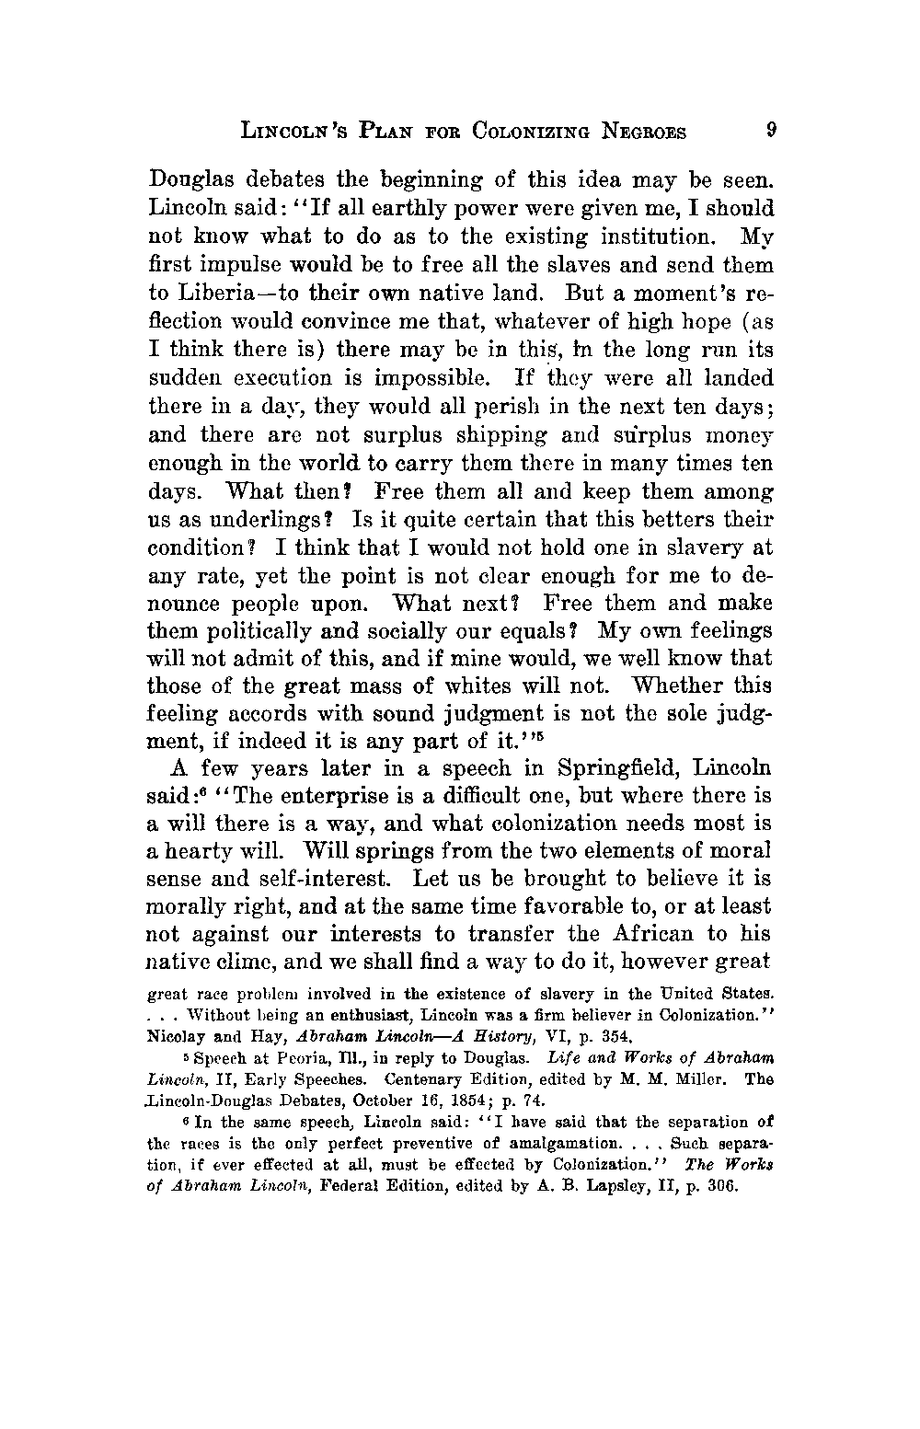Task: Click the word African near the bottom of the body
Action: click(655, 936)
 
